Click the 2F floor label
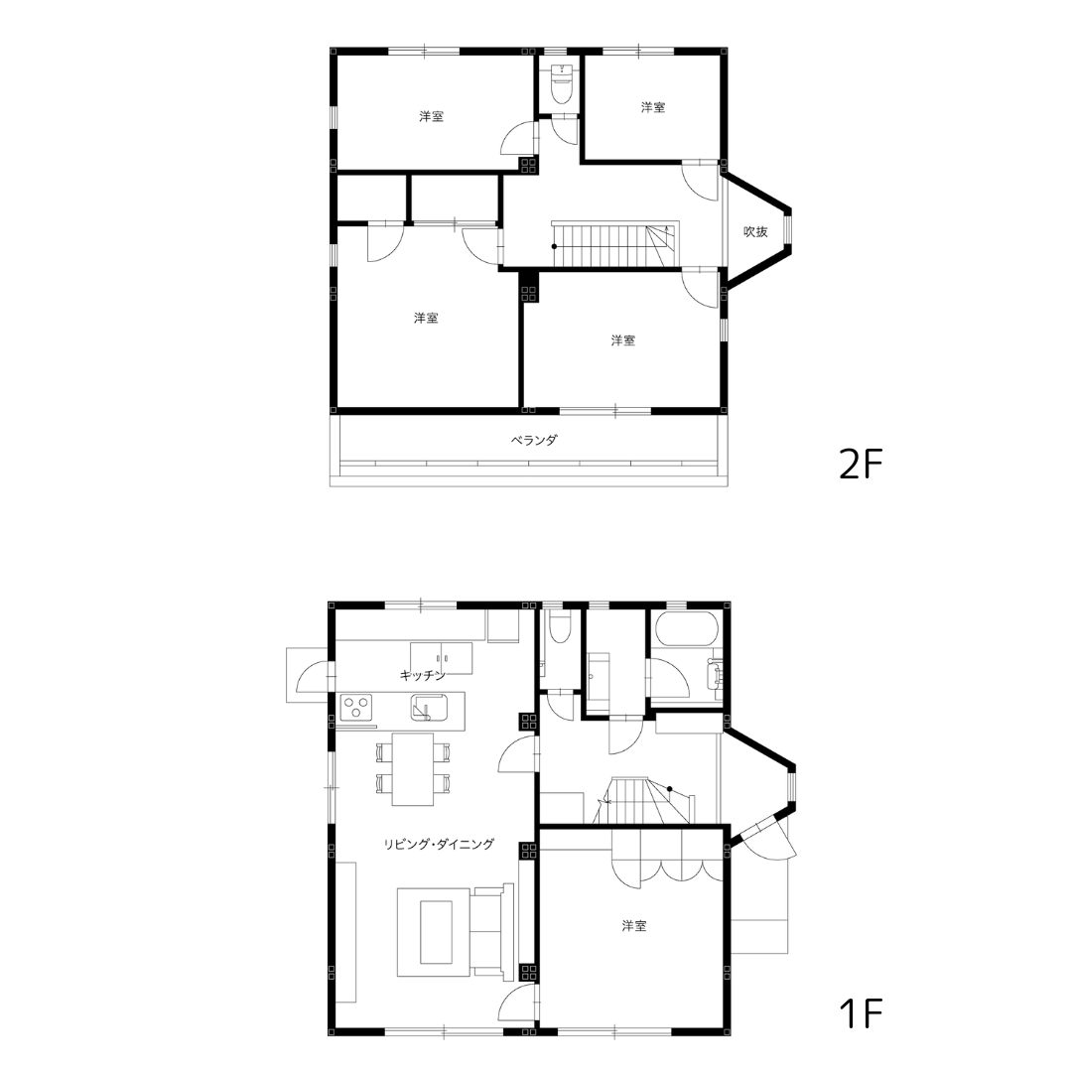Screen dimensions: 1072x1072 (x=861, y=465)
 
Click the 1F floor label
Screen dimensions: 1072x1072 (x=861, y=1013)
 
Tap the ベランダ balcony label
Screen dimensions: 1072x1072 (x=534, y=440)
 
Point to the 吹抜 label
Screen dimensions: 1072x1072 (x=755, y=231)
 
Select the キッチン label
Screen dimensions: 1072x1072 (x=423, y=676)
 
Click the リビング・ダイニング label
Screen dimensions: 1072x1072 (x=439, y=845)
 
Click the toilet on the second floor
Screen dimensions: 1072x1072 (x=562, y=82)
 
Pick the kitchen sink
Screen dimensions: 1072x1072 (x=429, y=707)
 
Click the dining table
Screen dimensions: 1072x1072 (x=412, y=769)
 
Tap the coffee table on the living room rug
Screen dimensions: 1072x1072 (x=436, y=932)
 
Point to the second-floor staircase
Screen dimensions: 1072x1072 (x=614, y=244)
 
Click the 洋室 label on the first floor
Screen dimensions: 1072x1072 (x=633, y=926)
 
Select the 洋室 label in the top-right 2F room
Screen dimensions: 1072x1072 (x=653, y=107)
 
